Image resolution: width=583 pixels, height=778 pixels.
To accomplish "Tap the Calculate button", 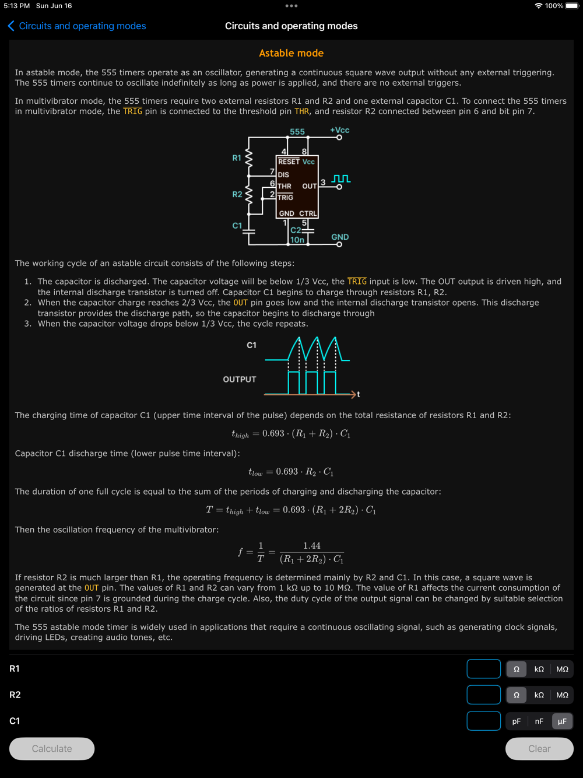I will tap(52, 748).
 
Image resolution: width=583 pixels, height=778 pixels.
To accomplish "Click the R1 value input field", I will tap(483, 669).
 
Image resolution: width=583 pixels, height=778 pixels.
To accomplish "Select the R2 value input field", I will tap(483, 695).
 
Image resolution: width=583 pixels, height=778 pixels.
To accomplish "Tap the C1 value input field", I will tap(483, 721).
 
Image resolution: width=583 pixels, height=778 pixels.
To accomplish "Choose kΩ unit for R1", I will tap(539, 669).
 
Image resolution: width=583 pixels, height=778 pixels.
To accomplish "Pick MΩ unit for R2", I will tap(562, 695).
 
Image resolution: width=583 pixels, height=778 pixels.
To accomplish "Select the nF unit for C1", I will tap(539, 721).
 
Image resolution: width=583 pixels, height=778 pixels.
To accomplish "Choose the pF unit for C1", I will tap(517, 721).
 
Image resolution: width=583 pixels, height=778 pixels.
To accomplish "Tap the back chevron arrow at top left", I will tap(11, 26).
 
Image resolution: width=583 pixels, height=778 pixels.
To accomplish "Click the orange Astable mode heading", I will tap(291, 53).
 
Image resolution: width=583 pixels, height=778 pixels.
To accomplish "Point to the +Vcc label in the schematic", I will tap(339, 130).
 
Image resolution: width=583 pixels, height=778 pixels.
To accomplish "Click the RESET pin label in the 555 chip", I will tap(289, 162).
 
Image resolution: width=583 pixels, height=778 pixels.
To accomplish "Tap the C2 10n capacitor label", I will tap(297, 235).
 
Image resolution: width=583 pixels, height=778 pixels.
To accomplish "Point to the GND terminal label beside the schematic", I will tap(340, 237).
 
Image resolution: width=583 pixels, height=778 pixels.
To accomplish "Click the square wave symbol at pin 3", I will tap(341, 178).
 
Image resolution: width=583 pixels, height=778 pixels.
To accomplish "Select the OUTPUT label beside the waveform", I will tap(240, 379).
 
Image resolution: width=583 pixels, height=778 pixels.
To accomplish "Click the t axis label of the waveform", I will tap(358, 394).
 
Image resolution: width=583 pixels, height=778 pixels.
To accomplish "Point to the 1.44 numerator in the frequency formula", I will tap(312, 546).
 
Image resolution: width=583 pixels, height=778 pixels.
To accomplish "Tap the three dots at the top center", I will tap(291, 6).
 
